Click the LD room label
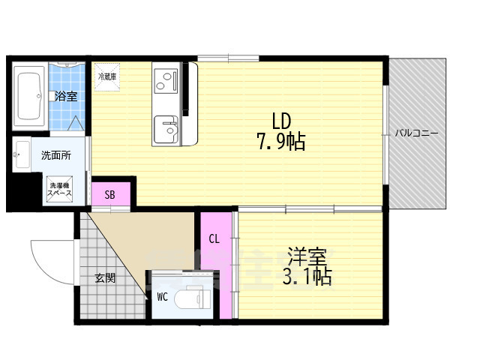point(280,120)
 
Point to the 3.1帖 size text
point(307,277)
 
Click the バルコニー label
point(417,133)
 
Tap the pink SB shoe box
point(109,194)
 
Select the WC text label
point(162,296)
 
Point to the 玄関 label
point(105,277)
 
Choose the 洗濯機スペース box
point(59,190)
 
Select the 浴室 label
point(66,96)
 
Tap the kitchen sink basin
point(165,130)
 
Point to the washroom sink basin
point(21,155)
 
